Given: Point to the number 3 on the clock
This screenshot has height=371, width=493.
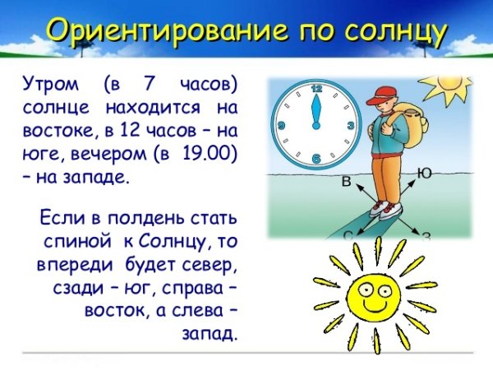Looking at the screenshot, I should (x=351, y=125).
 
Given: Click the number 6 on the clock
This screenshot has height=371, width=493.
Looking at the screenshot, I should (x=316, y=158).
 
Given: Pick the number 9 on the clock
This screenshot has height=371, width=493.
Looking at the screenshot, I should (x=282, y=125).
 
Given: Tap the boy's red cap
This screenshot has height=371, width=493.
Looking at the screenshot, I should (x=380, y=93).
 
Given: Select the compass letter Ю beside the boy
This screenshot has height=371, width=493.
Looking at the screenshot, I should (x=425, y=173).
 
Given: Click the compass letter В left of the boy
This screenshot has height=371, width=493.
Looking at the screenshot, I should (x=346, y=181).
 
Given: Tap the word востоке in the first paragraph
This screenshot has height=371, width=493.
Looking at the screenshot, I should (x=54, y=131).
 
